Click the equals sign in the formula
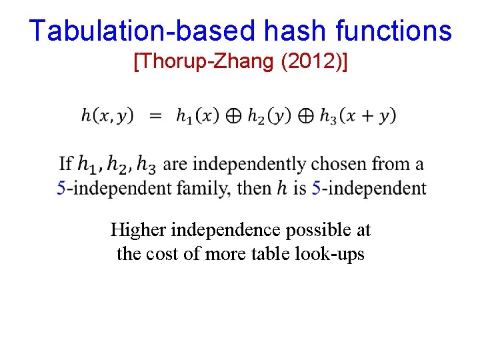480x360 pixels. [155, 116]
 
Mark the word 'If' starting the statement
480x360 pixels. [66, 163]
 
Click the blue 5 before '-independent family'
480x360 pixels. [61, 188]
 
